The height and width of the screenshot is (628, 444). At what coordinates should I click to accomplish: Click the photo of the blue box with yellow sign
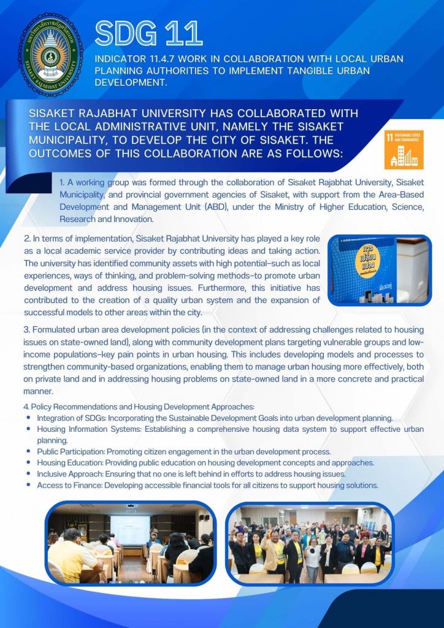pyautogui.click(x=380, y=270)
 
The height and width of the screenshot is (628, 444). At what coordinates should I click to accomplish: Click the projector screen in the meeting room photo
pyautogui.click(x=130, y=529)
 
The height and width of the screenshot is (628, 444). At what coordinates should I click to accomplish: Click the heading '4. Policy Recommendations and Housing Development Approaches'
pyautogui.click(x=138, y=407)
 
